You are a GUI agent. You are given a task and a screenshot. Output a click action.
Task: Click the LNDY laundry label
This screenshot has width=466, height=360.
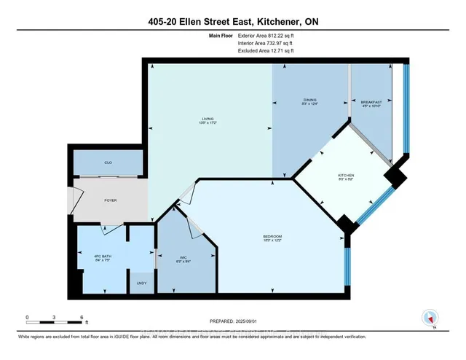[141, 283]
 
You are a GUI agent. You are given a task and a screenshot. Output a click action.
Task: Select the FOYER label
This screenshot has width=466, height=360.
[110, 200]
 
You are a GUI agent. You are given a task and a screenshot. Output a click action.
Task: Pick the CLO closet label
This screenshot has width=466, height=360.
[107, 163]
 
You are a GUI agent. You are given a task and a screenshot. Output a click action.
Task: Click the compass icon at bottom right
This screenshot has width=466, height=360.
[429, 317]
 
